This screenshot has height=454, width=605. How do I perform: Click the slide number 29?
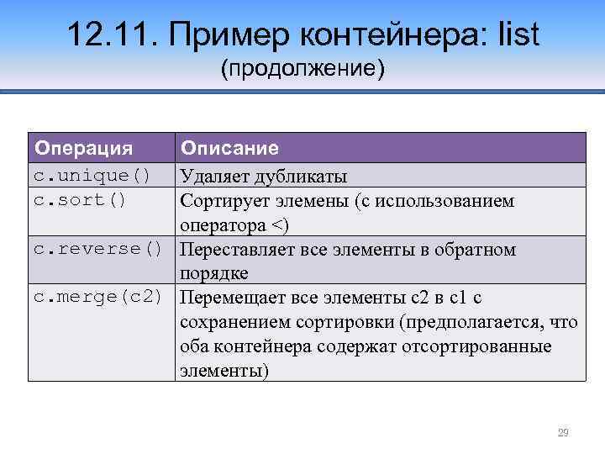click(x=563, y=433)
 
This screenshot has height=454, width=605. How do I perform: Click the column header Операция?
click(x=83, y=149)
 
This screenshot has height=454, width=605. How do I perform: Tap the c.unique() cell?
click(x=92, y=176)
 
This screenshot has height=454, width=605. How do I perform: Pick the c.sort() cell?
click(x=80, y=200)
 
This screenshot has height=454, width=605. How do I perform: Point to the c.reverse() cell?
click(x=97, y=250)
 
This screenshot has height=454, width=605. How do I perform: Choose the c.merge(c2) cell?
click(x=97, y=298)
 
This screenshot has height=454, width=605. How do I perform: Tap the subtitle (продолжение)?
click(x=302, y=68)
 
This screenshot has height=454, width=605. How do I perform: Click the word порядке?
click(x=213, y=274)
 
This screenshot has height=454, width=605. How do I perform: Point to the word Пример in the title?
click(x=218, y=34)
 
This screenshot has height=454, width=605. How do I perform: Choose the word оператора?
click(x=219, y=225)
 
